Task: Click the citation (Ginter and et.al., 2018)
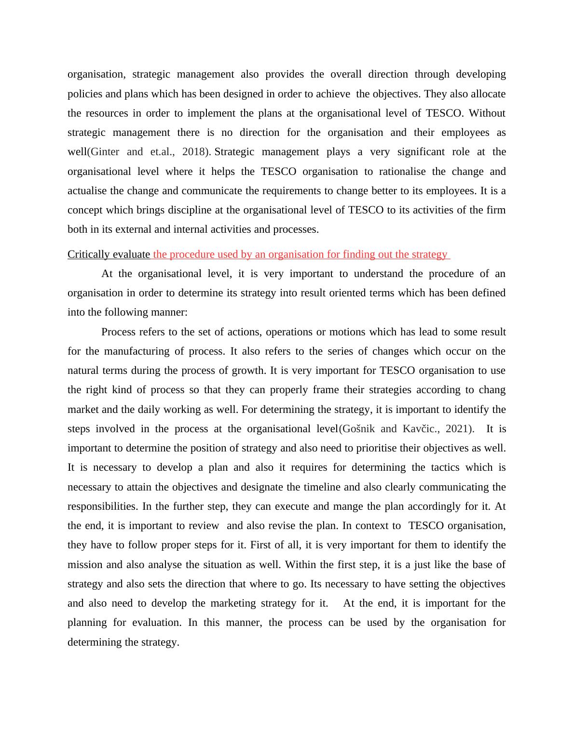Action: point(149,152)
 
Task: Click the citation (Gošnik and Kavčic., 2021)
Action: point(406,429)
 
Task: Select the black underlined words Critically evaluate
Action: point(109,254)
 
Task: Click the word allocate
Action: point(488,94)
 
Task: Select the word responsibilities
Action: point(101,506)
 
